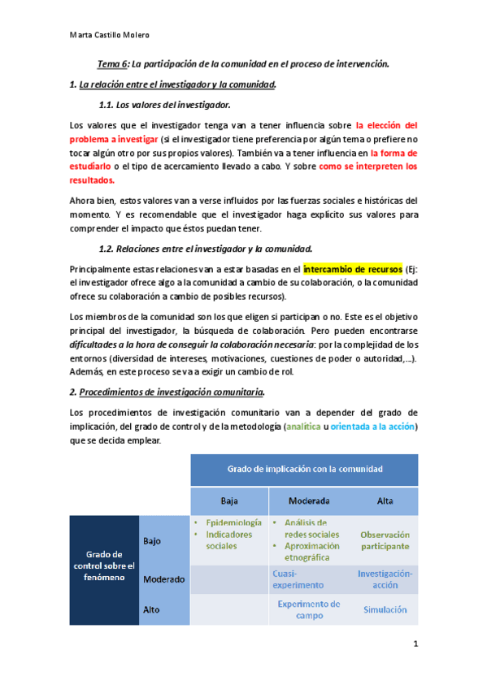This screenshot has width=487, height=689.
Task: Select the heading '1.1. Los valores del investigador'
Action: [x=163, y=105]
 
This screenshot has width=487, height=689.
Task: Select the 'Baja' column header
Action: [x=229, y=500]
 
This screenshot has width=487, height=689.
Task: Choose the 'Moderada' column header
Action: [x=304, y=500]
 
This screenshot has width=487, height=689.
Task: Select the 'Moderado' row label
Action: [x=164, y=579]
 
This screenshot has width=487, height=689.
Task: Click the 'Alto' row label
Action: [x=152, y=609]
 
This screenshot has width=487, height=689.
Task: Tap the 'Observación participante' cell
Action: [x=385, y=540]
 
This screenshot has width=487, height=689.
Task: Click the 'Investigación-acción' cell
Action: [x=385, y=578]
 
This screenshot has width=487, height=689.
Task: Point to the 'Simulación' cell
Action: [x=385, y=609]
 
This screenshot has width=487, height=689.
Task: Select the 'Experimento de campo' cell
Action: [x=308, y=609]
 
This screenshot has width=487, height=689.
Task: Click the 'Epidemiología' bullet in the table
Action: [x=233, y=522]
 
